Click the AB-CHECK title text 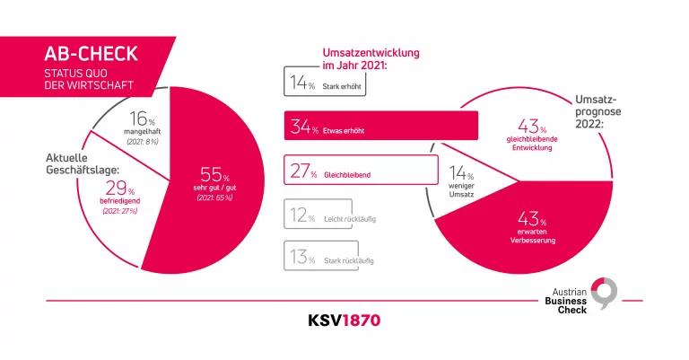(x=87, y=54)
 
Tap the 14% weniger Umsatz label (x=461, y=180)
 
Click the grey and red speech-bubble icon (x=607, y=294)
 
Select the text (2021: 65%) (x=214, y=197)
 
